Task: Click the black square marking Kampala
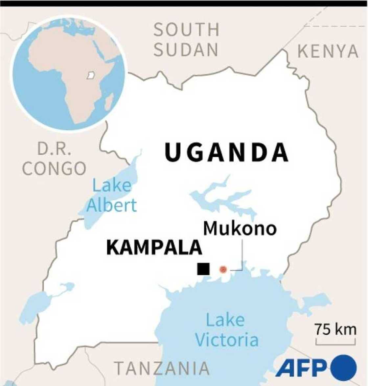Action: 203,269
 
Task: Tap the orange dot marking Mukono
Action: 223,270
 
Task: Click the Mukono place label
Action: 240,228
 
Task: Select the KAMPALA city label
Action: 154,247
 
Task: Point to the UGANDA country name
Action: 227,153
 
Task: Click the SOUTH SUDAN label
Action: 186,39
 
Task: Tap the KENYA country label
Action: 328,51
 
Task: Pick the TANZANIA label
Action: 162,368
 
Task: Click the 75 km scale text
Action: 335,329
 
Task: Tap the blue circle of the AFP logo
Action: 344,368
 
